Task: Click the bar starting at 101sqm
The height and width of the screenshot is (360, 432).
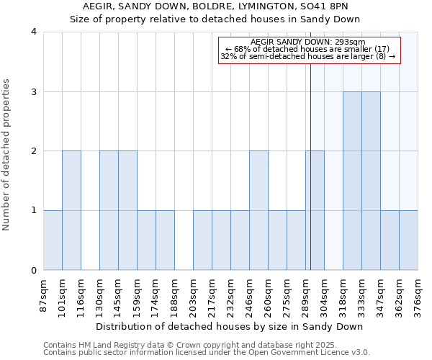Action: (x=71, y=210)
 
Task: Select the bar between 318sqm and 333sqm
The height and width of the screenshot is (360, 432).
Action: (x=352, y=181)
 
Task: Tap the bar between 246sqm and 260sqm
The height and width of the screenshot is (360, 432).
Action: (x=258, y=210)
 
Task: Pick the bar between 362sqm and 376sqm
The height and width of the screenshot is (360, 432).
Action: (x=408, y=240)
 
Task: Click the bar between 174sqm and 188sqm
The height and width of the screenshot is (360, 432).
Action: (x=165, y=240)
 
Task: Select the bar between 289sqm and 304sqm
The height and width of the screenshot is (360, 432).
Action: (x=315, y=210)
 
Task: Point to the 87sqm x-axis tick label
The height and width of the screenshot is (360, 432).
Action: (x=44, y=293)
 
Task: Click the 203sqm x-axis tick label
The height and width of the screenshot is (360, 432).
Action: (x=194, y=293)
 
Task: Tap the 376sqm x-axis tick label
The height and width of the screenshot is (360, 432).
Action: (x=418, y=293)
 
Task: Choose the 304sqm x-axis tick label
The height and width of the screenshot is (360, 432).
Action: (x=325, y=293)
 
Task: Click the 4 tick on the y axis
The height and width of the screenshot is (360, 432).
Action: (x=33, y=32)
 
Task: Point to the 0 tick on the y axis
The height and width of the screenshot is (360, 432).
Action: (x=33, y=271)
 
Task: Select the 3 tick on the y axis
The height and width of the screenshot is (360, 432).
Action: (x=33, y=91)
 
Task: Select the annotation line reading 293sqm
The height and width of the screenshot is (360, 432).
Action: (x=308, y=42)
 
